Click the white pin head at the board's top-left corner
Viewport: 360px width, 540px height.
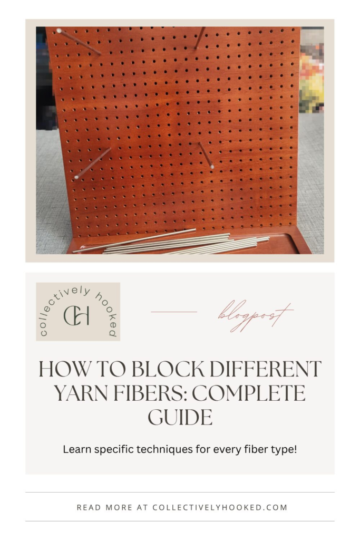59,31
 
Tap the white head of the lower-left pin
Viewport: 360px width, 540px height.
76,177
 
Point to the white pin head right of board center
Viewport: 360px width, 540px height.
212,167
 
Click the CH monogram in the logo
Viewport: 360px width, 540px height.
77,315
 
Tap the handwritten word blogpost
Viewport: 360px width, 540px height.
255,315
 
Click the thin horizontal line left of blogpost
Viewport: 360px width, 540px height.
173,312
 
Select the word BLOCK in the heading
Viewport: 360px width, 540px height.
159,369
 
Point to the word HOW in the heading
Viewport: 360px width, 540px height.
60,369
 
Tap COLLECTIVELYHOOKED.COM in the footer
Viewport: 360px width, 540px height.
220,507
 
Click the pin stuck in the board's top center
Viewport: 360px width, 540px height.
200,38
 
